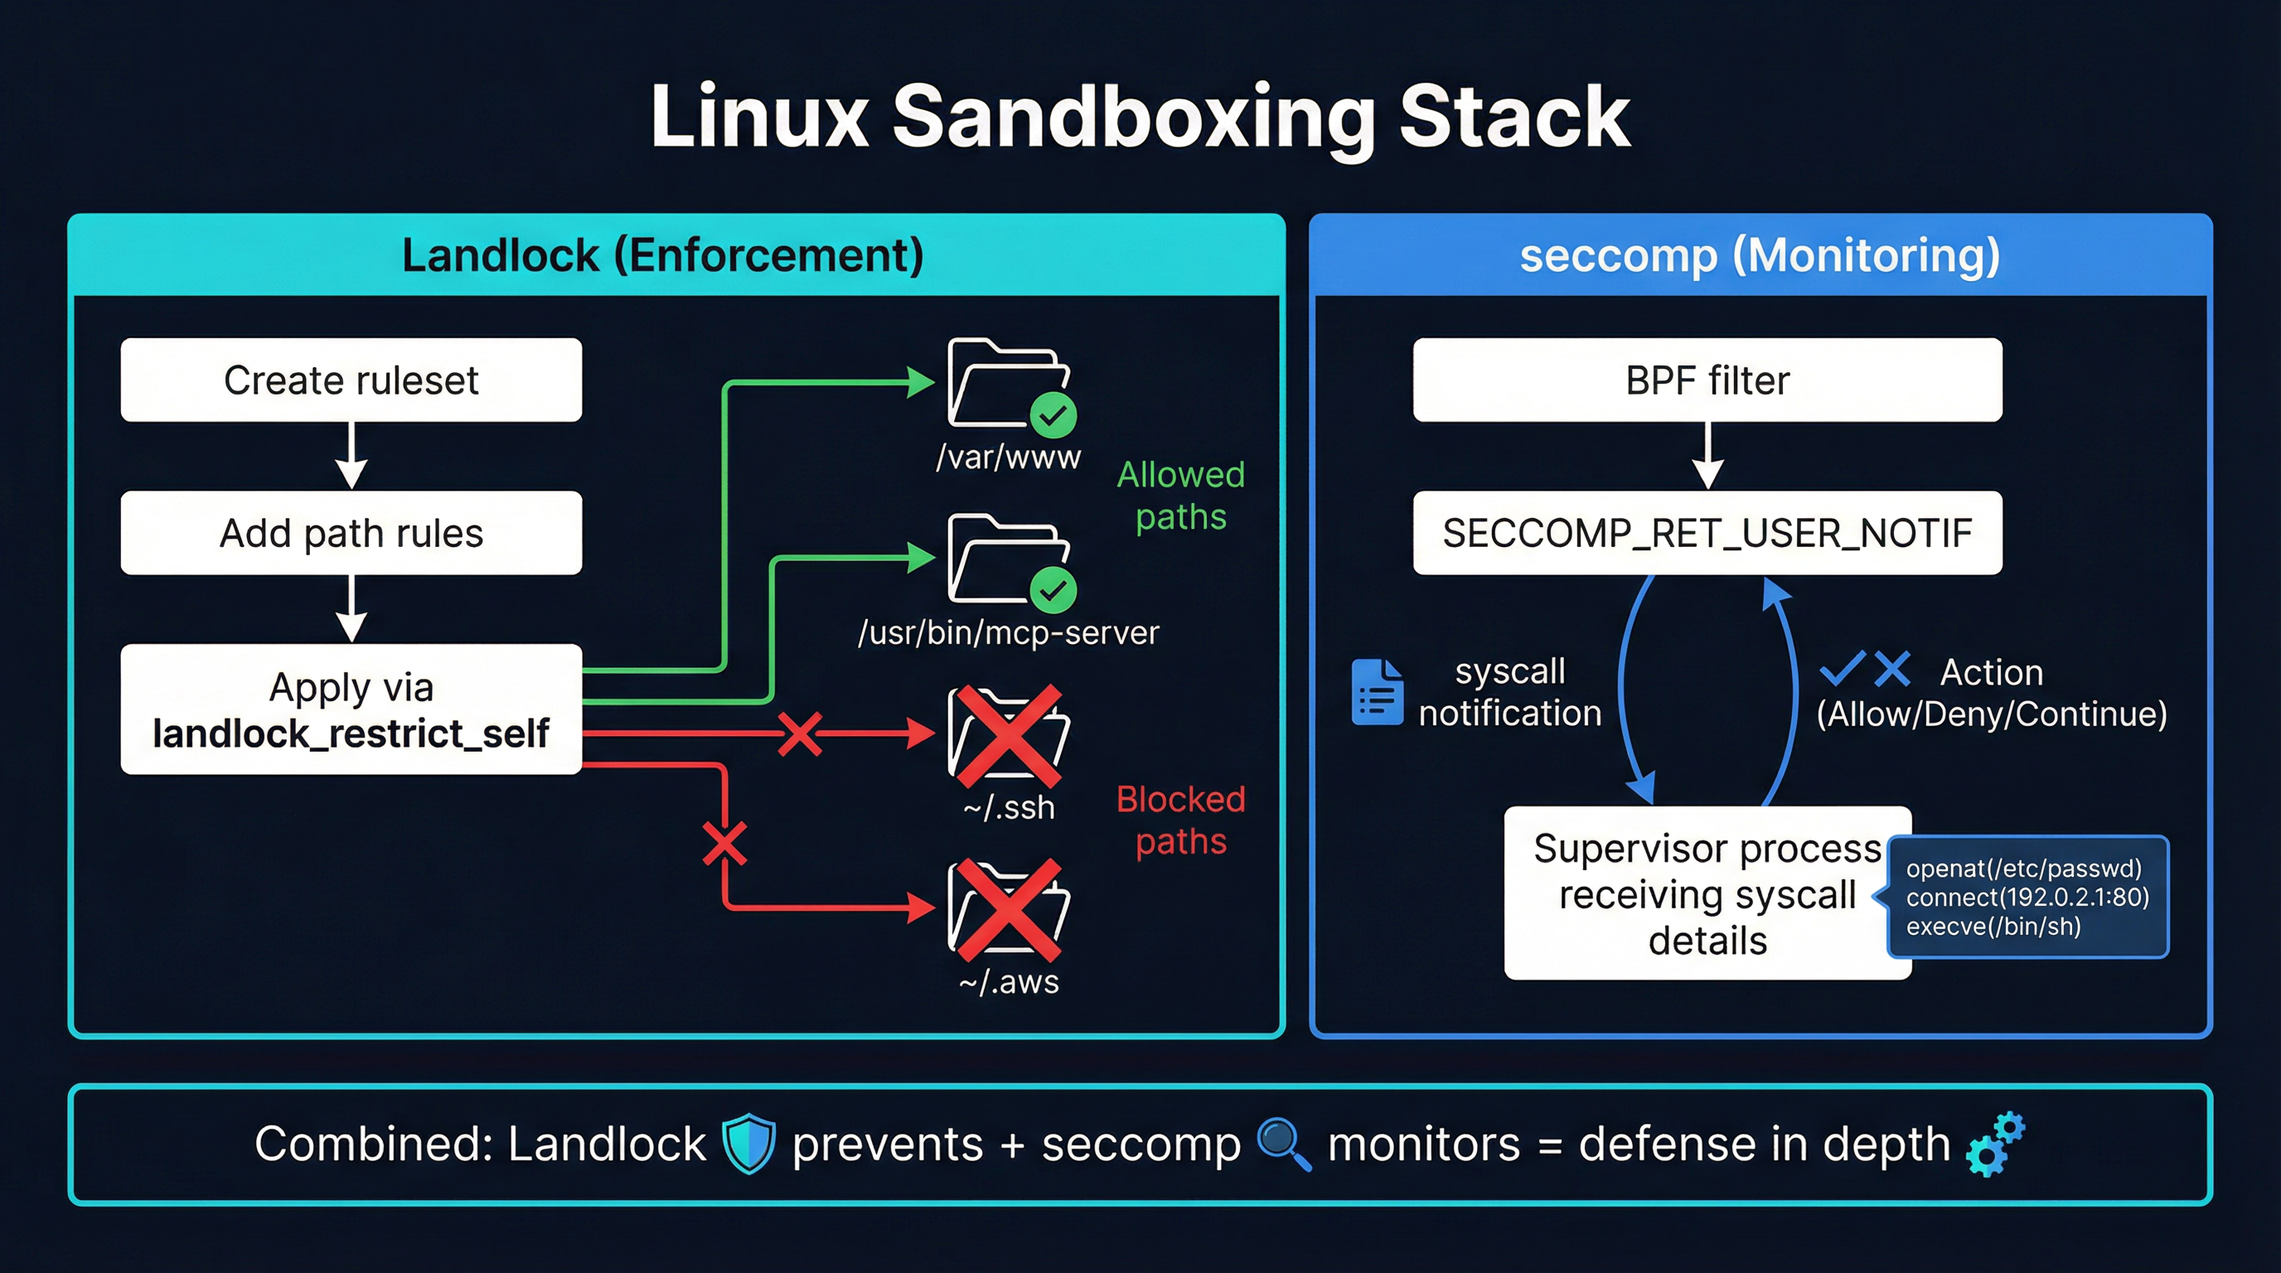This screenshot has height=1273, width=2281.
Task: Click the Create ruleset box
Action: click(351, 380)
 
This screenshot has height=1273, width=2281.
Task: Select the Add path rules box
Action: click(351, 533)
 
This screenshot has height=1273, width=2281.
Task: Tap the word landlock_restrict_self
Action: click(351, 733)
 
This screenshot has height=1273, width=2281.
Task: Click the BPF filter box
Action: click(1707, 380)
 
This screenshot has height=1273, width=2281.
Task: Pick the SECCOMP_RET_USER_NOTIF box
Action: click(1707, 533)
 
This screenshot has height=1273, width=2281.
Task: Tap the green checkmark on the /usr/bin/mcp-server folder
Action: click(1053, 589)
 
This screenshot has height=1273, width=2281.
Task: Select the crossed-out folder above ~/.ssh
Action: click(1008, 735)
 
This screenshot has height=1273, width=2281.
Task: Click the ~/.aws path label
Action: click(1009, 982)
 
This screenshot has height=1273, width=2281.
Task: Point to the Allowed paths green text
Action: click(1180, 496)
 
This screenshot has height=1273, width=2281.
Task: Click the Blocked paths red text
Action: click(1180, 820)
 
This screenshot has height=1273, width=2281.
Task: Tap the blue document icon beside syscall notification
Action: click(1377, 692)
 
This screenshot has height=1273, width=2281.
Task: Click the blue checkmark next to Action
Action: click(1842, 670)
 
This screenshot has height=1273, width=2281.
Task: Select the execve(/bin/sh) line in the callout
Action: click(1993, 927)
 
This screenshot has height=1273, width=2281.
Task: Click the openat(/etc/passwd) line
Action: click(2023, 869)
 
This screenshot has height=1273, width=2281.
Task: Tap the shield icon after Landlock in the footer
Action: click(748, 1144)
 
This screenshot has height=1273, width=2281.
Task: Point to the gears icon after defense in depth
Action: click(1994, 1144)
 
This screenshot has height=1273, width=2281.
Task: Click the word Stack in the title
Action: click(1513, 117)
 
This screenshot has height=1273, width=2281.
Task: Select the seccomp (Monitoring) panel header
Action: click(1760, 256)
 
